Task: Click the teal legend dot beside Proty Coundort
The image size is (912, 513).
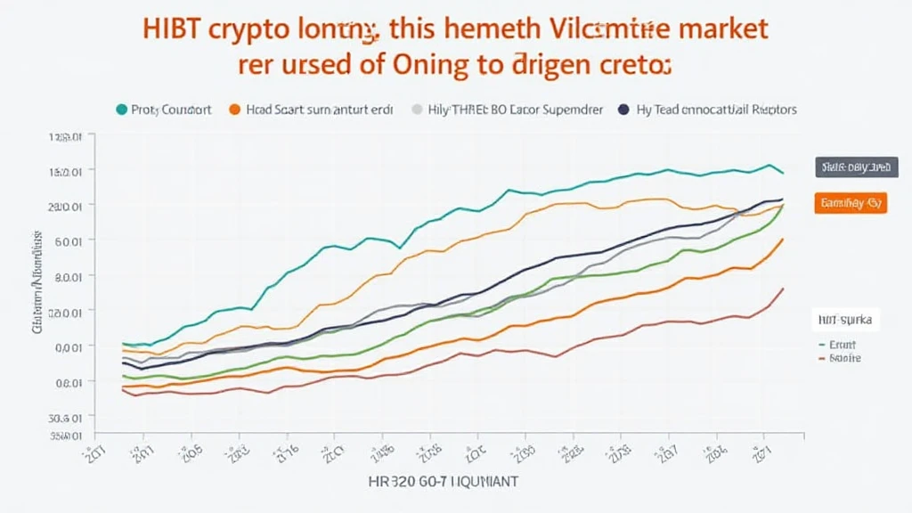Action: click(121, 110)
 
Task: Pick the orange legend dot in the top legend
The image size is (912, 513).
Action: click(235, 110)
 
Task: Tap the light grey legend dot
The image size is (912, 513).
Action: click(417, 110)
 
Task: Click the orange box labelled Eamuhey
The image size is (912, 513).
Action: click(851, 203)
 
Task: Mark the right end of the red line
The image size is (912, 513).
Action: click(783, 288)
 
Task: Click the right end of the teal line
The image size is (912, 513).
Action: click(783, 173)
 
